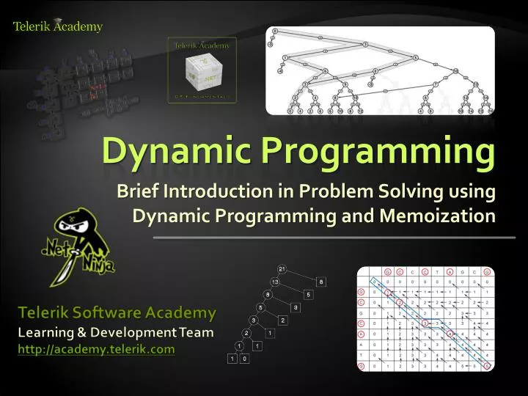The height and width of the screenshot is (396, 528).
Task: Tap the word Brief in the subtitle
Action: coord(138,192)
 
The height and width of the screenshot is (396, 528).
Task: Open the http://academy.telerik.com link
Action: coord(96,349)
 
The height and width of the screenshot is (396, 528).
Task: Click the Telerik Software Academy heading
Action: coord(117,313)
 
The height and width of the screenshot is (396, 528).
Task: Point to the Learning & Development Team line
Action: coord(116,332)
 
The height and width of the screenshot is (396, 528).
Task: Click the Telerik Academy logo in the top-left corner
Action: coord(57,26)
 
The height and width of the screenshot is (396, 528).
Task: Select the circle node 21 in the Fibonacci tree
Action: coord(282,268)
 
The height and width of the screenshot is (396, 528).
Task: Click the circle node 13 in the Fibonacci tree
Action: coord(274,282)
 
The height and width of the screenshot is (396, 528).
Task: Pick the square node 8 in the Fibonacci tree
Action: coord(320,282)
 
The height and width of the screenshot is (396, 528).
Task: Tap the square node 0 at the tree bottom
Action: coord(244,359)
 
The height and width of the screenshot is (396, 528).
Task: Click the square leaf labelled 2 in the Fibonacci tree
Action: coord(282,320)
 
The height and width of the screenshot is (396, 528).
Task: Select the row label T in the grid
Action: coord(362,354)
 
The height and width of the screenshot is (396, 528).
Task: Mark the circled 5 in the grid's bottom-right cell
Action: coord(487,366)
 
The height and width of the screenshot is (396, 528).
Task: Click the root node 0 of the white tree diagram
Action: coord(275,31)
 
